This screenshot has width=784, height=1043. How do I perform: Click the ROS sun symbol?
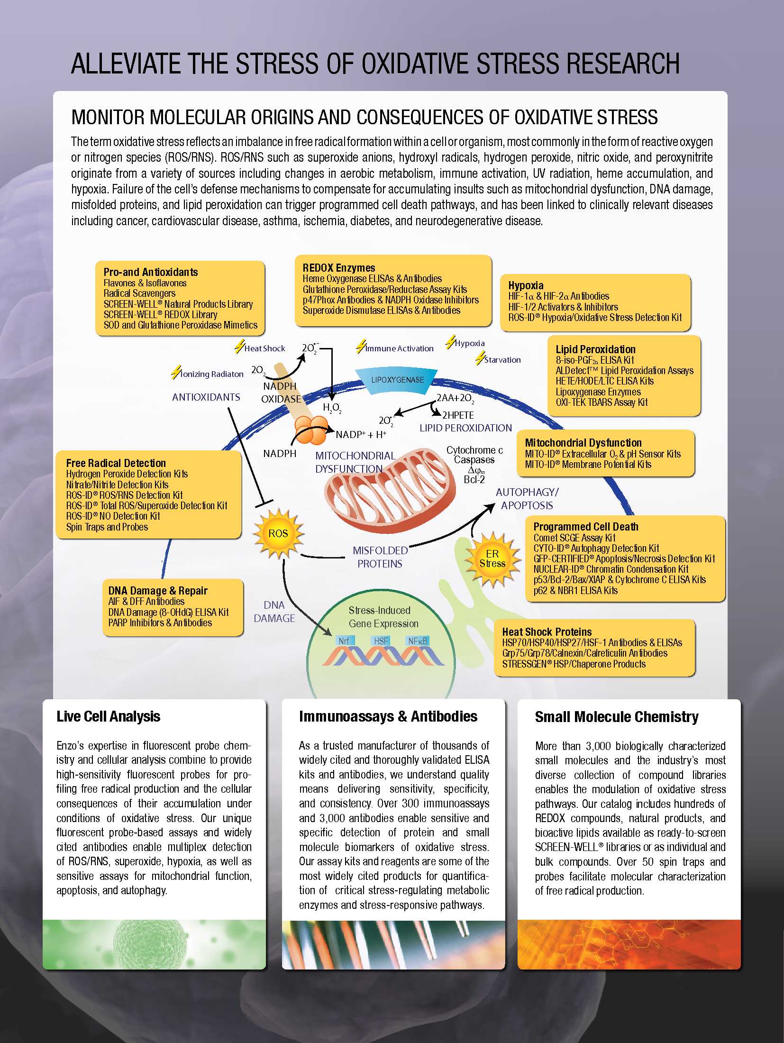278,533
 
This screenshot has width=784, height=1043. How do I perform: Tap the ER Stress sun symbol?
492,558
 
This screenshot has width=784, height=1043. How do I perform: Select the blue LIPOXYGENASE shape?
398,380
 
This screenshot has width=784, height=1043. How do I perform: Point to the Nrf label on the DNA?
344,641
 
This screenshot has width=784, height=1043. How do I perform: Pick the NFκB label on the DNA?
418,641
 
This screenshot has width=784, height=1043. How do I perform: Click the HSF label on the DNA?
381,641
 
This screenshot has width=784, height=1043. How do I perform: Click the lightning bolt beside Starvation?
480,358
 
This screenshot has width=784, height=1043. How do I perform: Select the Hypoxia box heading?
526,285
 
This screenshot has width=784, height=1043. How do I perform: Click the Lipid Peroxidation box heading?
595,349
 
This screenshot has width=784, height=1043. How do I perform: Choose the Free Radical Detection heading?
116,463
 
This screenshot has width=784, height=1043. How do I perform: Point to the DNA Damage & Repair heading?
158,591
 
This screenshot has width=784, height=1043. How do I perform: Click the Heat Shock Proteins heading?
547,632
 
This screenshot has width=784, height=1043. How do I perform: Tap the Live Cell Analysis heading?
108,716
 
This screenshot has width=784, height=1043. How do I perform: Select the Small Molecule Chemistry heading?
616,717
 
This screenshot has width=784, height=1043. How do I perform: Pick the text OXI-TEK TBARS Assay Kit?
602,403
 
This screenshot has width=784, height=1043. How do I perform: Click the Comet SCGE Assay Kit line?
574,538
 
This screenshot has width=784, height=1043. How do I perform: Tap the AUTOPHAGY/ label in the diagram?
527,492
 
